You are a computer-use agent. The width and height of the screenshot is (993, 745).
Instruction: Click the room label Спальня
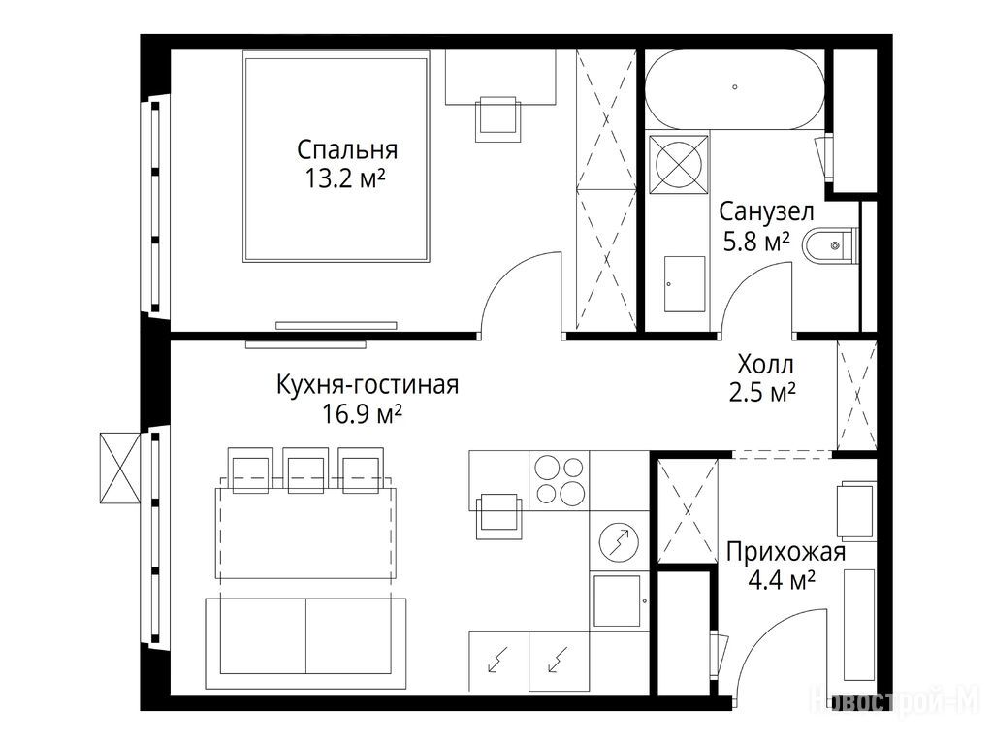click(347, 150)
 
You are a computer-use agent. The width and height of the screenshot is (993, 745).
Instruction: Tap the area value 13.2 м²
click(345, 178)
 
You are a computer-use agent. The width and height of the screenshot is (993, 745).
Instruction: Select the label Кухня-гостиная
click(368, 384)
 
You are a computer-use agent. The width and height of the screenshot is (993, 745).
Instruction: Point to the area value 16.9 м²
click(363, 413)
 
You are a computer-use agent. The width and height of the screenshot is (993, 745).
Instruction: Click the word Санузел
click(766, 211)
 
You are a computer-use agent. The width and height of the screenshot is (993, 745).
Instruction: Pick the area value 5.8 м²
click(756, 241)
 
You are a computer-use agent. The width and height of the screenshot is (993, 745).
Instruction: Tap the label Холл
click(766, 365)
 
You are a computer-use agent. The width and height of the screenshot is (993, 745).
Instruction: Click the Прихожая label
click(785, 552)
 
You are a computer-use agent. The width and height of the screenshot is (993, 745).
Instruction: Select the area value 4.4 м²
click(782, 580)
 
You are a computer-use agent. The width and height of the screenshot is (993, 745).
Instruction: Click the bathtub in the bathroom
click(735, 89)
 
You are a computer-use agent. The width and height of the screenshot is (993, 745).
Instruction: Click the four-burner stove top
click(559, 480)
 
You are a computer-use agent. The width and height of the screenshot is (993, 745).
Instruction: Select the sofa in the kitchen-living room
click(305, 643)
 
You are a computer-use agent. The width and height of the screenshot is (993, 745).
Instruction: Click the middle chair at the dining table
click(305, 470)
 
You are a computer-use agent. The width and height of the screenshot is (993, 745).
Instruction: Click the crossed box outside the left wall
click(120, 469)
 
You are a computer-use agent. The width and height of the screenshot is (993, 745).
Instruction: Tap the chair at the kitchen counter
click(498, 516)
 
